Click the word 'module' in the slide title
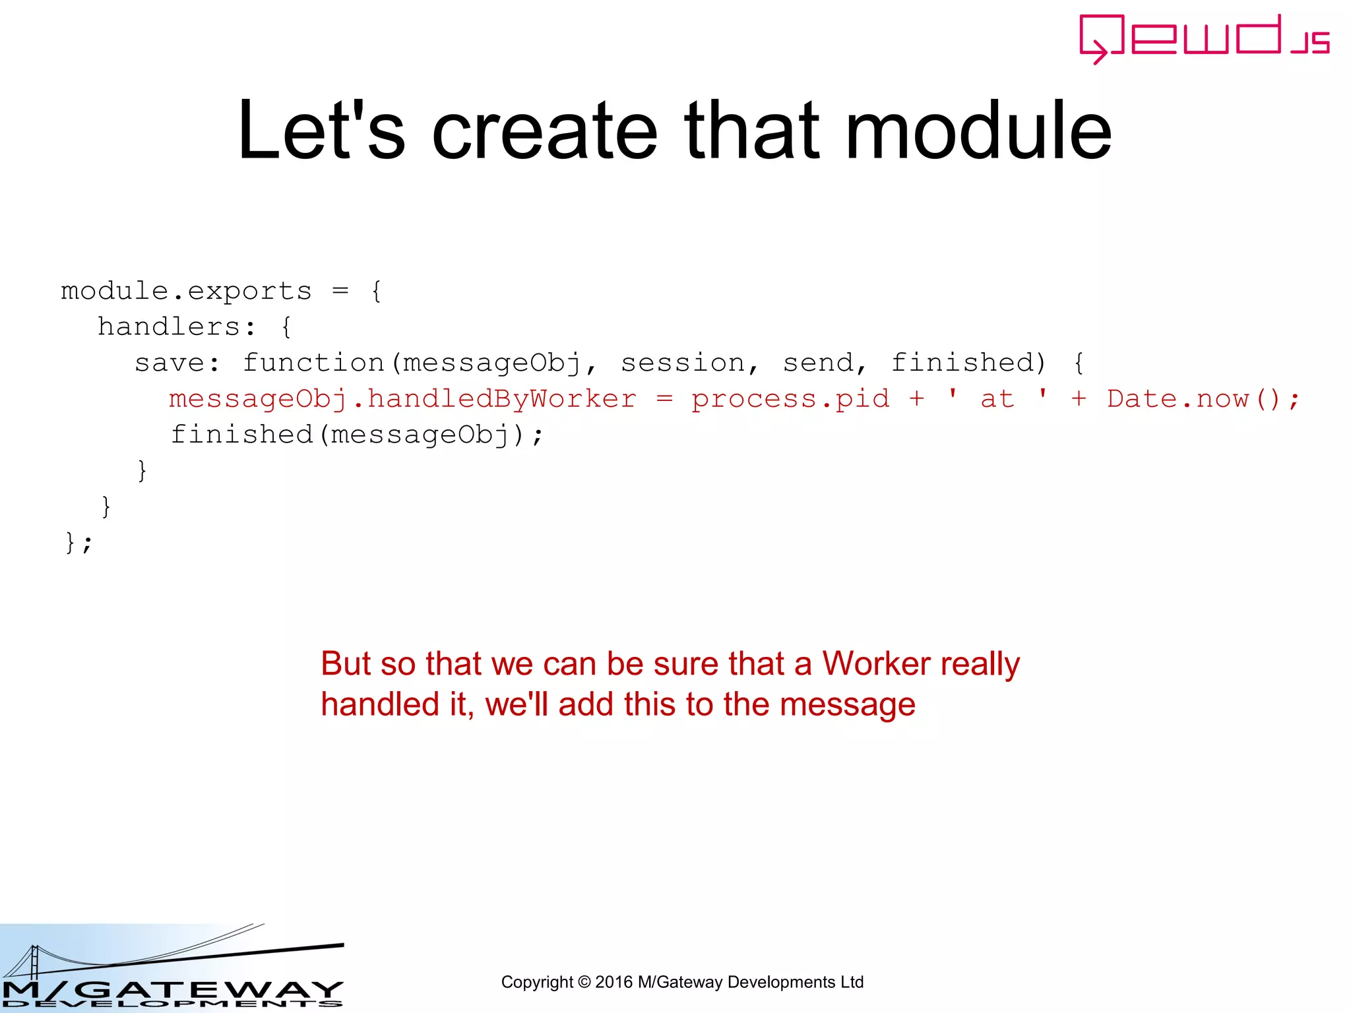pyautogui.click(x=978, y=130)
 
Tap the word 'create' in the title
pyautogui.click(x=545, y=130)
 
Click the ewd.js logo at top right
pyautogui.click(x=1203, y=38)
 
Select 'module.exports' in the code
pyautogui.click(x=186, y=291)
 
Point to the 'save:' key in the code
pyautogui.click(x=177, y=363)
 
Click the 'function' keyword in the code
pyautogui.click(x=313, y=363)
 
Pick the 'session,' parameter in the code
pyautogui.click(x=689, y=363)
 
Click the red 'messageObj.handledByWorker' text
pyautogui.click(x=402, y=399)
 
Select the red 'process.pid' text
pyautogui.click(x=790, y=399)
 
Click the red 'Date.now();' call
pyautogui.click(x=1203, y=399)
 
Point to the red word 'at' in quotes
pyautogui.click(x=997, y=399)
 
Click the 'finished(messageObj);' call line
pyautogui.click(x=357, y=435)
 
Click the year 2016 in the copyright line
pyautogui.click(x=614, y=982)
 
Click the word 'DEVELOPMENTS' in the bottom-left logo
pyautogui.click(x=172, y=1004)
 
